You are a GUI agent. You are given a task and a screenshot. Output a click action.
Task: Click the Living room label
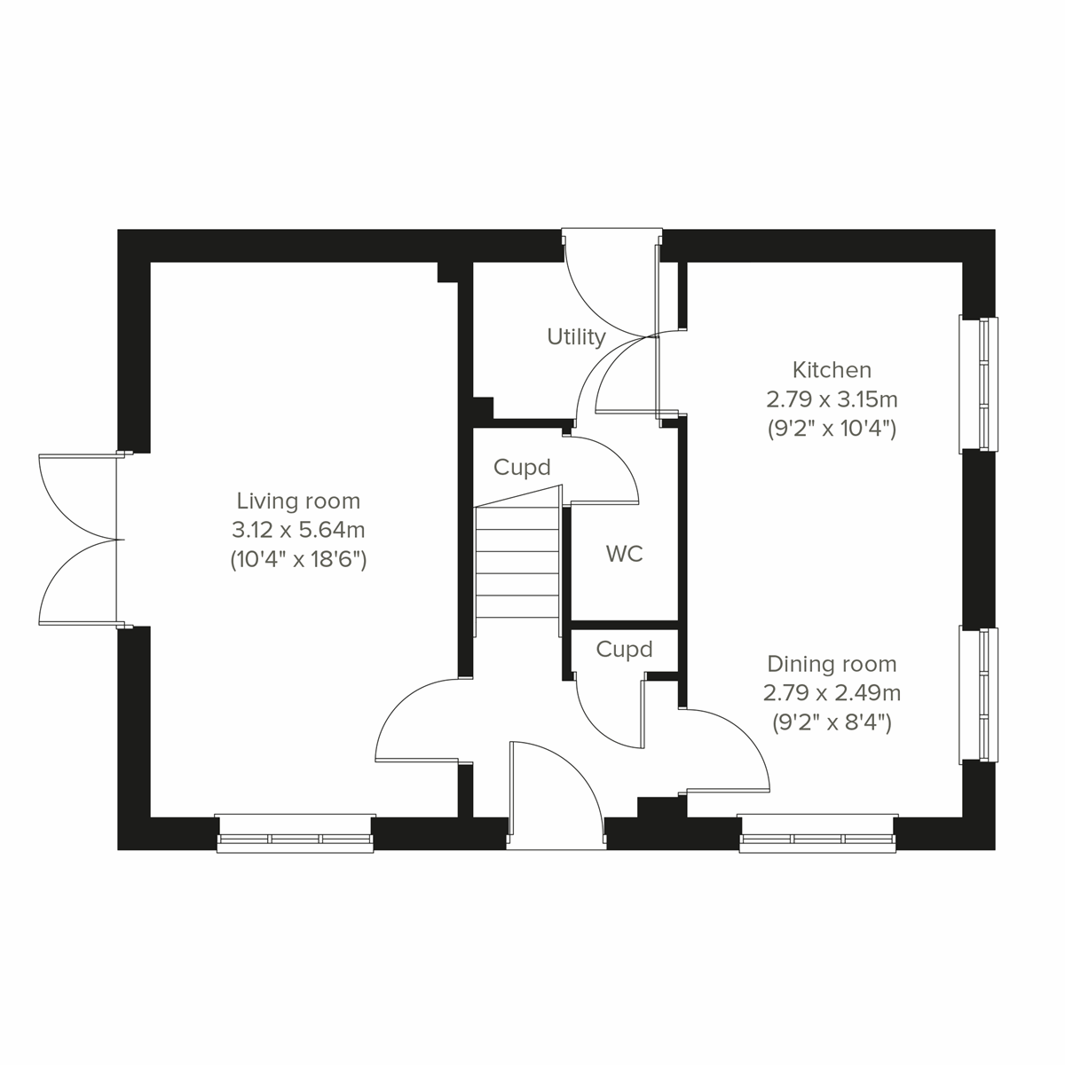[x=298, y=501]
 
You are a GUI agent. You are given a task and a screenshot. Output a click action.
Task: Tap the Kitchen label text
[x=832, y=369]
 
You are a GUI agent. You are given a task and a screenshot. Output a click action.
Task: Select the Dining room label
[x=832, y=664]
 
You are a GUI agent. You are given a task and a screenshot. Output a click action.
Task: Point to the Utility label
[x=576, y=337]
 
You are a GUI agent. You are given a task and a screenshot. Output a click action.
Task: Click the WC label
[x=624, y=555]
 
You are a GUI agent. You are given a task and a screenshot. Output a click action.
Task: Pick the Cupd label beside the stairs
[x=522, y=467]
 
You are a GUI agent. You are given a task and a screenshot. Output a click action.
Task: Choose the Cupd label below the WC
[x=624, y=650]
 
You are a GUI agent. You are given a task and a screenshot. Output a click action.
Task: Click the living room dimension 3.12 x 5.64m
[x=298, y=531]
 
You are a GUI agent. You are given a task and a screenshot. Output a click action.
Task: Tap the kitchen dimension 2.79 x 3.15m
[x=832, y=399]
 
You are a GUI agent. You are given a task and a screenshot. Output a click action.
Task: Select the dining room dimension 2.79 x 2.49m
[x=832, y=693]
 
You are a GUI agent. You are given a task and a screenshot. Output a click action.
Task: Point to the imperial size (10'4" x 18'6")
[x=298, y=560]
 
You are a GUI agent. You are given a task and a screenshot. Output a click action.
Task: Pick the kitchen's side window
[x=979, y=384]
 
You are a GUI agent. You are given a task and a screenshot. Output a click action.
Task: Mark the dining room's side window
[x=979, y=695]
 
